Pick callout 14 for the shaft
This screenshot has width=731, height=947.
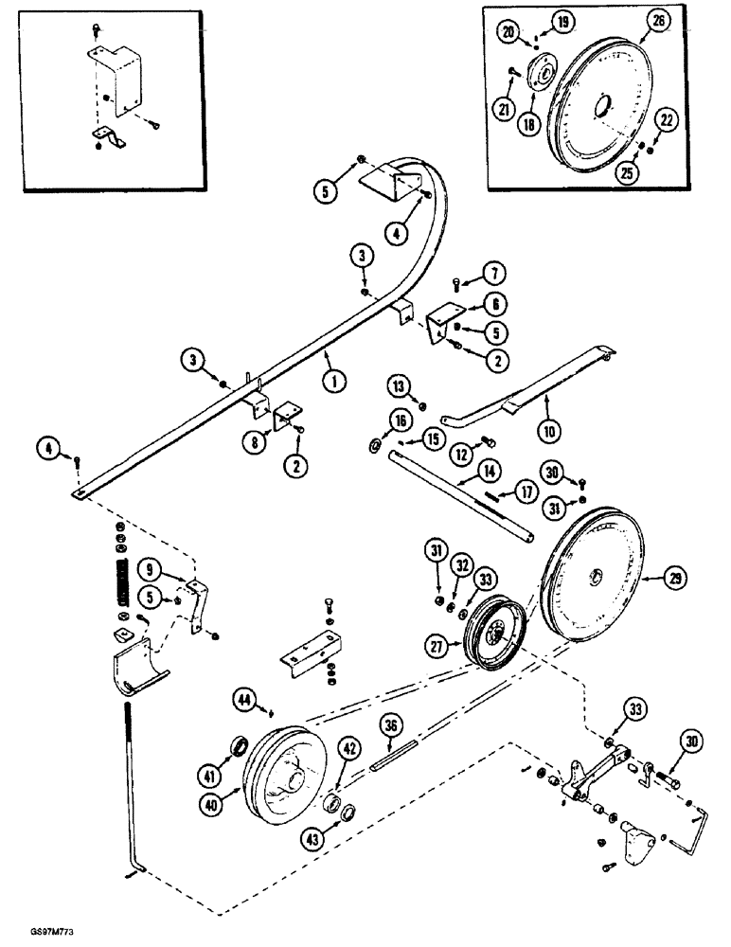489,469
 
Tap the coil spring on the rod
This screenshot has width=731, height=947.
120,577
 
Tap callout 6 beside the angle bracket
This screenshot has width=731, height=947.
494,304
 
